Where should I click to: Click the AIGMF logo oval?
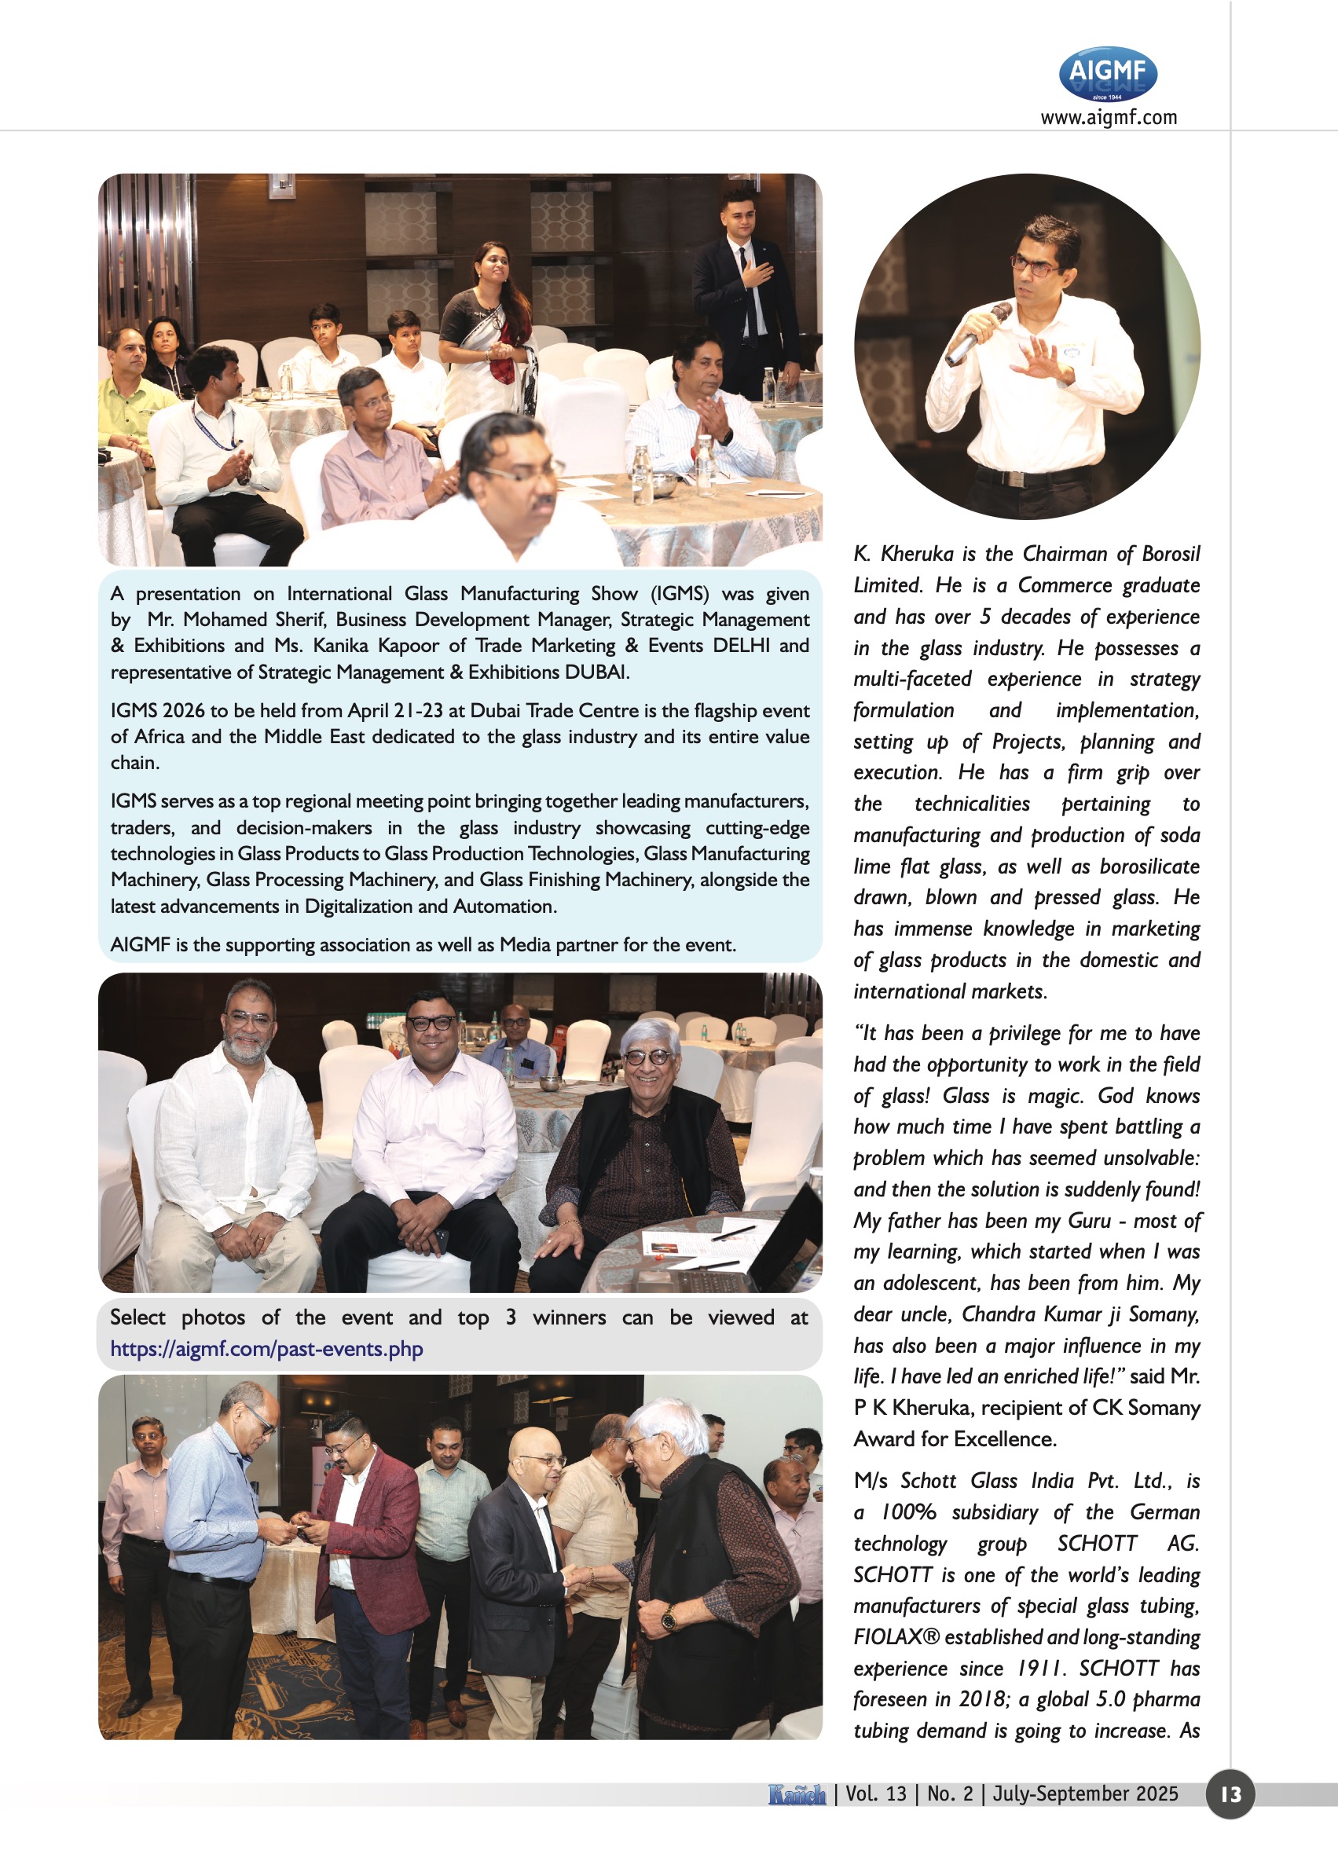coord(1107,73)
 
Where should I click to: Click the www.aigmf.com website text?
coord(1108,117)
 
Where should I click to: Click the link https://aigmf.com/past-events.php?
coord(266,1349)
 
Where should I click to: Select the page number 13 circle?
coord(1230,1794)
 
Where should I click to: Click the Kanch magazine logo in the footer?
coord(797,1794)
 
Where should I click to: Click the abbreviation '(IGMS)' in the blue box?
coord(680,593)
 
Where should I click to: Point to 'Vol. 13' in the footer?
coord(875,1794)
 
